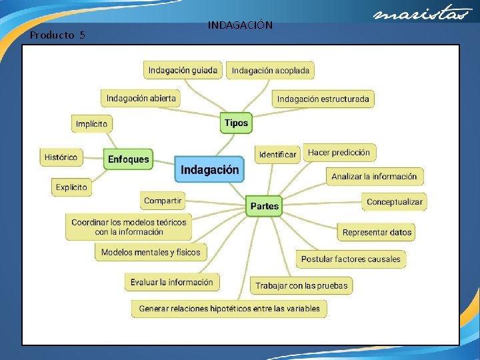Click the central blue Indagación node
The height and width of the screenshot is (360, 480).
click(209, 170)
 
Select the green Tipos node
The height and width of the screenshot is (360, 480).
click(236, 123)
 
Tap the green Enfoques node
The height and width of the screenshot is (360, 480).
click(129, 159)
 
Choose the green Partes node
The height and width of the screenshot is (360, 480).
click(265, 206)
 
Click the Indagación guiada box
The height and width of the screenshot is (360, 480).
click(183, 70)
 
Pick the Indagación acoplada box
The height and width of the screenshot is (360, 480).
click(270, 70)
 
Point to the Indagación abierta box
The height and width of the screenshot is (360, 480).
click(141, 98)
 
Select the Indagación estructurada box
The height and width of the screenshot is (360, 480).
click(323, 99)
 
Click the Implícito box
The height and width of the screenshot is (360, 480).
click(91, 124)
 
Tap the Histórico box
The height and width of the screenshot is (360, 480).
click(61, 157)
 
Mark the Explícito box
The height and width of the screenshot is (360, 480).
click(71, 187)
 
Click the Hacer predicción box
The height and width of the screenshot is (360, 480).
click(339, 153)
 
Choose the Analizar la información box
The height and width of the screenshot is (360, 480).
click(374, 177)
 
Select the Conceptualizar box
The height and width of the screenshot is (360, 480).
click(395, 201)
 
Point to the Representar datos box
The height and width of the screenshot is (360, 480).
click(377, 232)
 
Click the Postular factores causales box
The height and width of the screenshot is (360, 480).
click(351, 259)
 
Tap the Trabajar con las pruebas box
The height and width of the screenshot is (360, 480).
click(301, 285)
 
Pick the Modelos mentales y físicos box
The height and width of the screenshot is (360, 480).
click(151, 252)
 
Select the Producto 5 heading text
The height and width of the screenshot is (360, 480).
click(57, 35)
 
